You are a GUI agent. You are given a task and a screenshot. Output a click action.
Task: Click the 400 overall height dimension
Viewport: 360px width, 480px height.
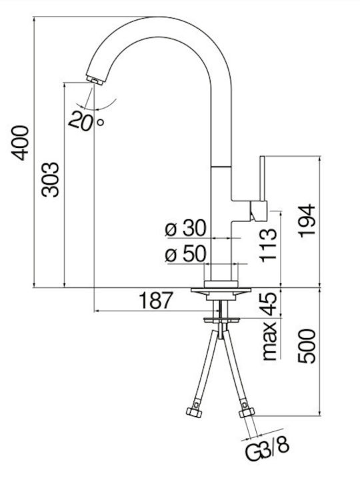[x=21, y=143]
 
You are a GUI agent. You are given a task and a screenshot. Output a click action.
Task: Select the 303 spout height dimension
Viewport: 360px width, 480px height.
[x=50, y=179]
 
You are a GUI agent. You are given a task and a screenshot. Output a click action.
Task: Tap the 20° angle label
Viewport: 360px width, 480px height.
[x=86, y=120]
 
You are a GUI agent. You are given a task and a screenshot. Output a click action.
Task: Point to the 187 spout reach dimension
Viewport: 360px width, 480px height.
[x=156, y=300]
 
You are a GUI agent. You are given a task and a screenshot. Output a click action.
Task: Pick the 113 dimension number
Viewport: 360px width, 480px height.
[x=268, y=245]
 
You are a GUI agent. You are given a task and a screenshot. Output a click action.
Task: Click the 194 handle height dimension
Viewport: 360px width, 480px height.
[x=307, y=221]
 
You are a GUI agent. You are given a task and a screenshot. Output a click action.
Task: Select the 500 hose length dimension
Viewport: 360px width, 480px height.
[x=307, y=346]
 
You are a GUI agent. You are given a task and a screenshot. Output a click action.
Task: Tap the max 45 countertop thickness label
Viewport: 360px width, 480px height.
[x=270, y=326]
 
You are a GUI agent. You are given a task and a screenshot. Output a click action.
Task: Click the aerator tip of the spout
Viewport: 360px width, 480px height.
[x=95, y=80]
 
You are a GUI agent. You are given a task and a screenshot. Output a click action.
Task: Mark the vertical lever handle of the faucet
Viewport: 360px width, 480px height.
[x=262, y=179]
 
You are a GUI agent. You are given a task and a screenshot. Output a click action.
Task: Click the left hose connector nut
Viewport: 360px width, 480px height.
[x=195, y=411]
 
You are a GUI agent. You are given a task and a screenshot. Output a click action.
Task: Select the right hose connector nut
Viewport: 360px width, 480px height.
[x=247, y=412]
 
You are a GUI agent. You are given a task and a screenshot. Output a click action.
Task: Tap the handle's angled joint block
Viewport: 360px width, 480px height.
[x=259, y=211]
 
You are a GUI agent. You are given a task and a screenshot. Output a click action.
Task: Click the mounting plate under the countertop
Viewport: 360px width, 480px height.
[x=222, y=320]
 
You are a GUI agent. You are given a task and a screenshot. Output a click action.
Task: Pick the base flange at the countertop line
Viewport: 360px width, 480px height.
[x=221, y=289]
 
